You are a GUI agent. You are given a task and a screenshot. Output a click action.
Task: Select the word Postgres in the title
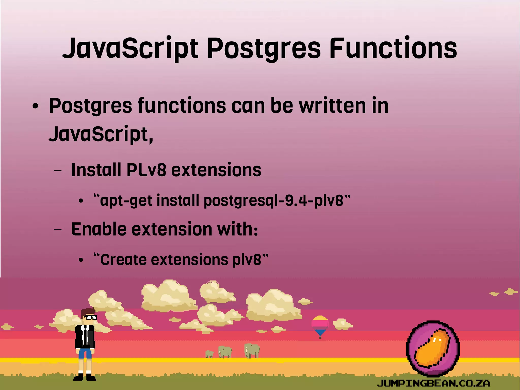click(264, 48)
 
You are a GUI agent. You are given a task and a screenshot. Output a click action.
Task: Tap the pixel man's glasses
click(91, 317)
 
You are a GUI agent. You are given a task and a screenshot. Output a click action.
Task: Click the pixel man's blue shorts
click(85, 353)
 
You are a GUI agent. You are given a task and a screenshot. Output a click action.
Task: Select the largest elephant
click(252, 350)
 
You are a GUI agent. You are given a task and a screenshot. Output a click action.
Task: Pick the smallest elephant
click(209, 354)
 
